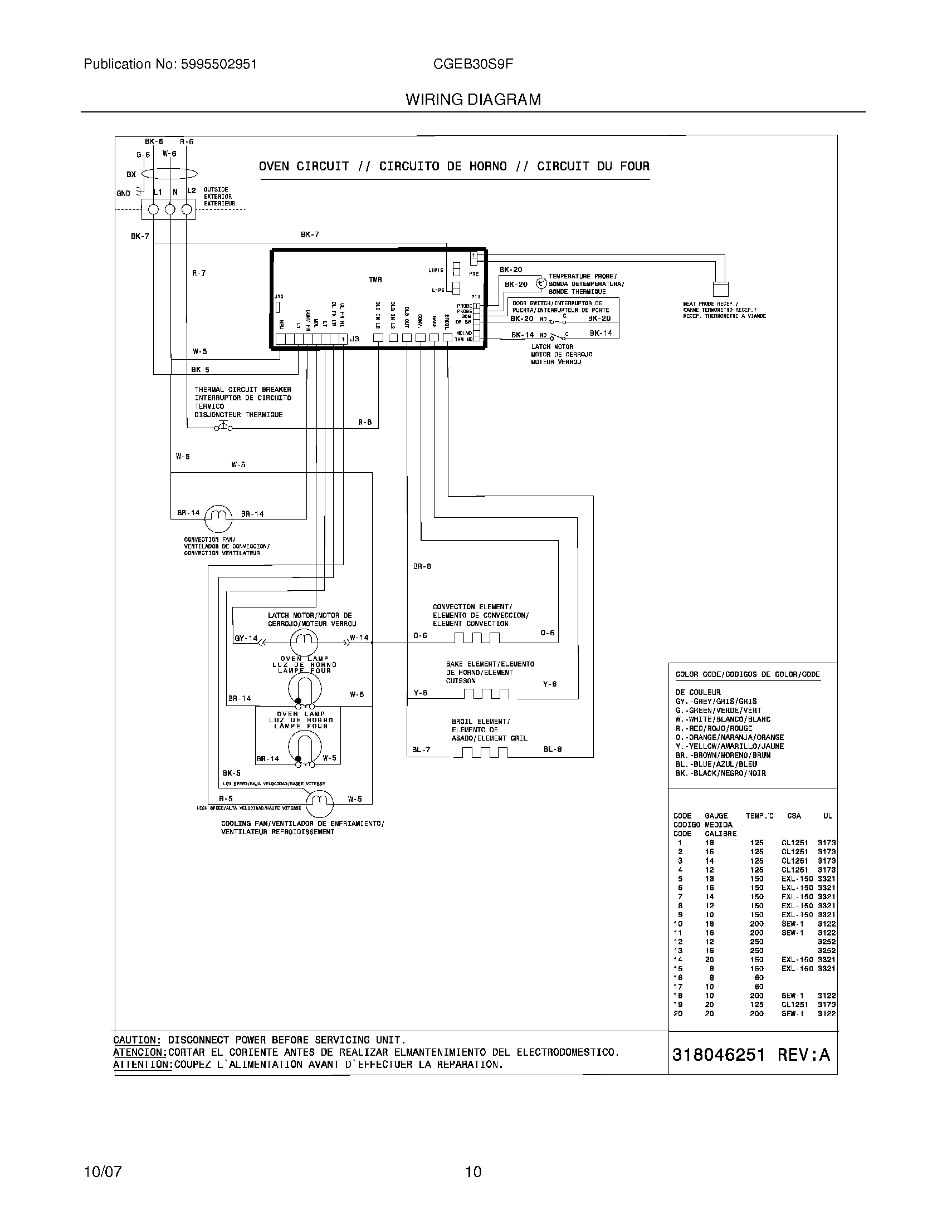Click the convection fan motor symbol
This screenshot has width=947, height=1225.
(x=218, y=518)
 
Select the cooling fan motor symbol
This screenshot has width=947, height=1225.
(x=319, y=803)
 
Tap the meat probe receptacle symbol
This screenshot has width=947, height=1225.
(x=720, y=288)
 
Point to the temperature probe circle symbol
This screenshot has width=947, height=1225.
(x=540, y=284)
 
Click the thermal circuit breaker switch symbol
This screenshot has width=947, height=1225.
(x=223, y=428)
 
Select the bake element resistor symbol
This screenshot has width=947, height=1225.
(x=486, y=694)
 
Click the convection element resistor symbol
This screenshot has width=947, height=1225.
(x=477, y=638)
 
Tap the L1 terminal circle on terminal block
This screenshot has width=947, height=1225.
(x=153, y=210)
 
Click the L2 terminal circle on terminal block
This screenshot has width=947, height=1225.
(x=187, y=210)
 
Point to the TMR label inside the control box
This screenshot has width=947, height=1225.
(x=375, y=280)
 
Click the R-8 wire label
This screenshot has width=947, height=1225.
(x=365, y=423)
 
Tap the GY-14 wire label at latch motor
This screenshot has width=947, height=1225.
(x=245, y=638)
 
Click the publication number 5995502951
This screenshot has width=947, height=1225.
(x=219, y=65)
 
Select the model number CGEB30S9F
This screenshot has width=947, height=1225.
(x=473, y=65)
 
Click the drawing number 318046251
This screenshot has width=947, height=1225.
(x=718, y=1055)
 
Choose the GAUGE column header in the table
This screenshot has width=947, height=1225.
(x=716, y=816)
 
